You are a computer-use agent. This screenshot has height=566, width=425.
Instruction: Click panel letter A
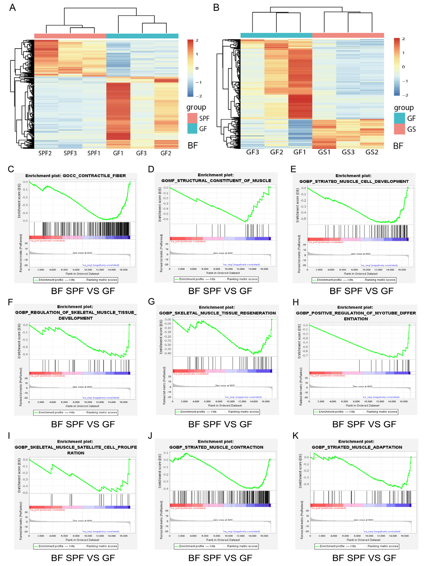tap(12, 8)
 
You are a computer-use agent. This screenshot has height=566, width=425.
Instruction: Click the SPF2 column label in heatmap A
tap(45, 153)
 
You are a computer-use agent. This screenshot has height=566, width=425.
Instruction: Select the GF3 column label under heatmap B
tap(252, 152)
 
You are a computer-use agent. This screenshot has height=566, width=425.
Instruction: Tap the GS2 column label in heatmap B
tap(372, 152)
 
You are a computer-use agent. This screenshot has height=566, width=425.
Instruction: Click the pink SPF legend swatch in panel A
tap(192, 118)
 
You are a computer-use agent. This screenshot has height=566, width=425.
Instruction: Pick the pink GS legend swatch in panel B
tap(399, 129)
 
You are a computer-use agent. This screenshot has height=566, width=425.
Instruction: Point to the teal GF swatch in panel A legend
tap(192, 129)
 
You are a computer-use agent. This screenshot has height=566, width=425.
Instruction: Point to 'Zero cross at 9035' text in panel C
tap(82, 253)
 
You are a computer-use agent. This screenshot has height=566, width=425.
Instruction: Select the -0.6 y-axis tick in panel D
tap(166, 219)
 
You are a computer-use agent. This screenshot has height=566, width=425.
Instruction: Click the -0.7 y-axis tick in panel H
tap(305, 355)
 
